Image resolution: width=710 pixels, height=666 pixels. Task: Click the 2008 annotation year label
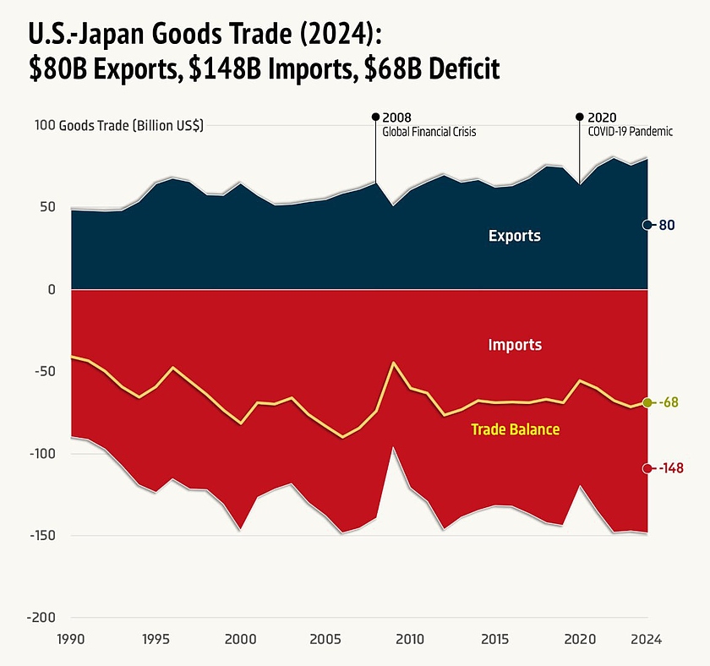click(x=396, y=117)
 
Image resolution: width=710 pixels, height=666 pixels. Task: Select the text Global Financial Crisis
click(x=429, y=132)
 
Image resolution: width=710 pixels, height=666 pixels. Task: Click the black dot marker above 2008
click(x=375, y=117)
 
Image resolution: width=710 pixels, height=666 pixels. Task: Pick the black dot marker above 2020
click(x=579, y=117)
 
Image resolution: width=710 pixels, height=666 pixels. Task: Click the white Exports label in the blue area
click(x=514, y=236)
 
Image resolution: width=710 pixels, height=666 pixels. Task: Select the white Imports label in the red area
click(x=515, y=345)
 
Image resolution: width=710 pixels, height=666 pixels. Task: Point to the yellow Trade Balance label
click(x=515, y=429)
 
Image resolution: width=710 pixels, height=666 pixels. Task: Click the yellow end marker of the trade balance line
click(x=647, y=403)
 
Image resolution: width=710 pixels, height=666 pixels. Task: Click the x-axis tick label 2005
click(x=325, y=640)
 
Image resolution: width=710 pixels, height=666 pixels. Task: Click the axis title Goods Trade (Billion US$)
click(x=131, y=126)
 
